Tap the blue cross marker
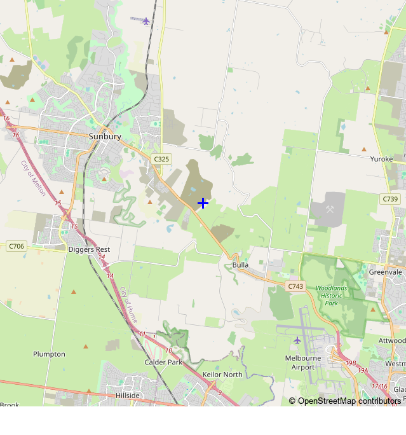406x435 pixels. [x=203, y=203]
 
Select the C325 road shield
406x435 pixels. [x=161, y=158]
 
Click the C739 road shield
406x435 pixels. [x=390, y=199]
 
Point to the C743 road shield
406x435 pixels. [x=295, y=287]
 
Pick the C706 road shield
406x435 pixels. [x=16, y=245]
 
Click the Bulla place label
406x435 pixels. [x=240, y=265]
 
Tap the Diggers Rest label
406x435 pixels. [x=89, y=249]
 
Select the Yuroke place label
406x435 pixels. [x=382, y=159]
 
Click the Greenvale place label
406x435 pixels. [x=386, y=272]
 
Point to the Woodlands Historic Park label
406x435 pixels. [x=332, y=296]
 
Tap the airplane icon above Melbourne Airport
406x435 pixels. [x=297, y=340]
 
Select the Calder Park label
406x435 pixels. [x=163, y=362]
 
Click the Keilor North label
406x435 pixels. [x=222, y=375]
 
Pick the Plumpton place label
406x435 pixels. [x=49, y=354]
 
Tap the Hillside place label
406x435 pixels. [x=128, y=395]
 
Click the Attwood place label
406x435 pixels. [x=392, y=341]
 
